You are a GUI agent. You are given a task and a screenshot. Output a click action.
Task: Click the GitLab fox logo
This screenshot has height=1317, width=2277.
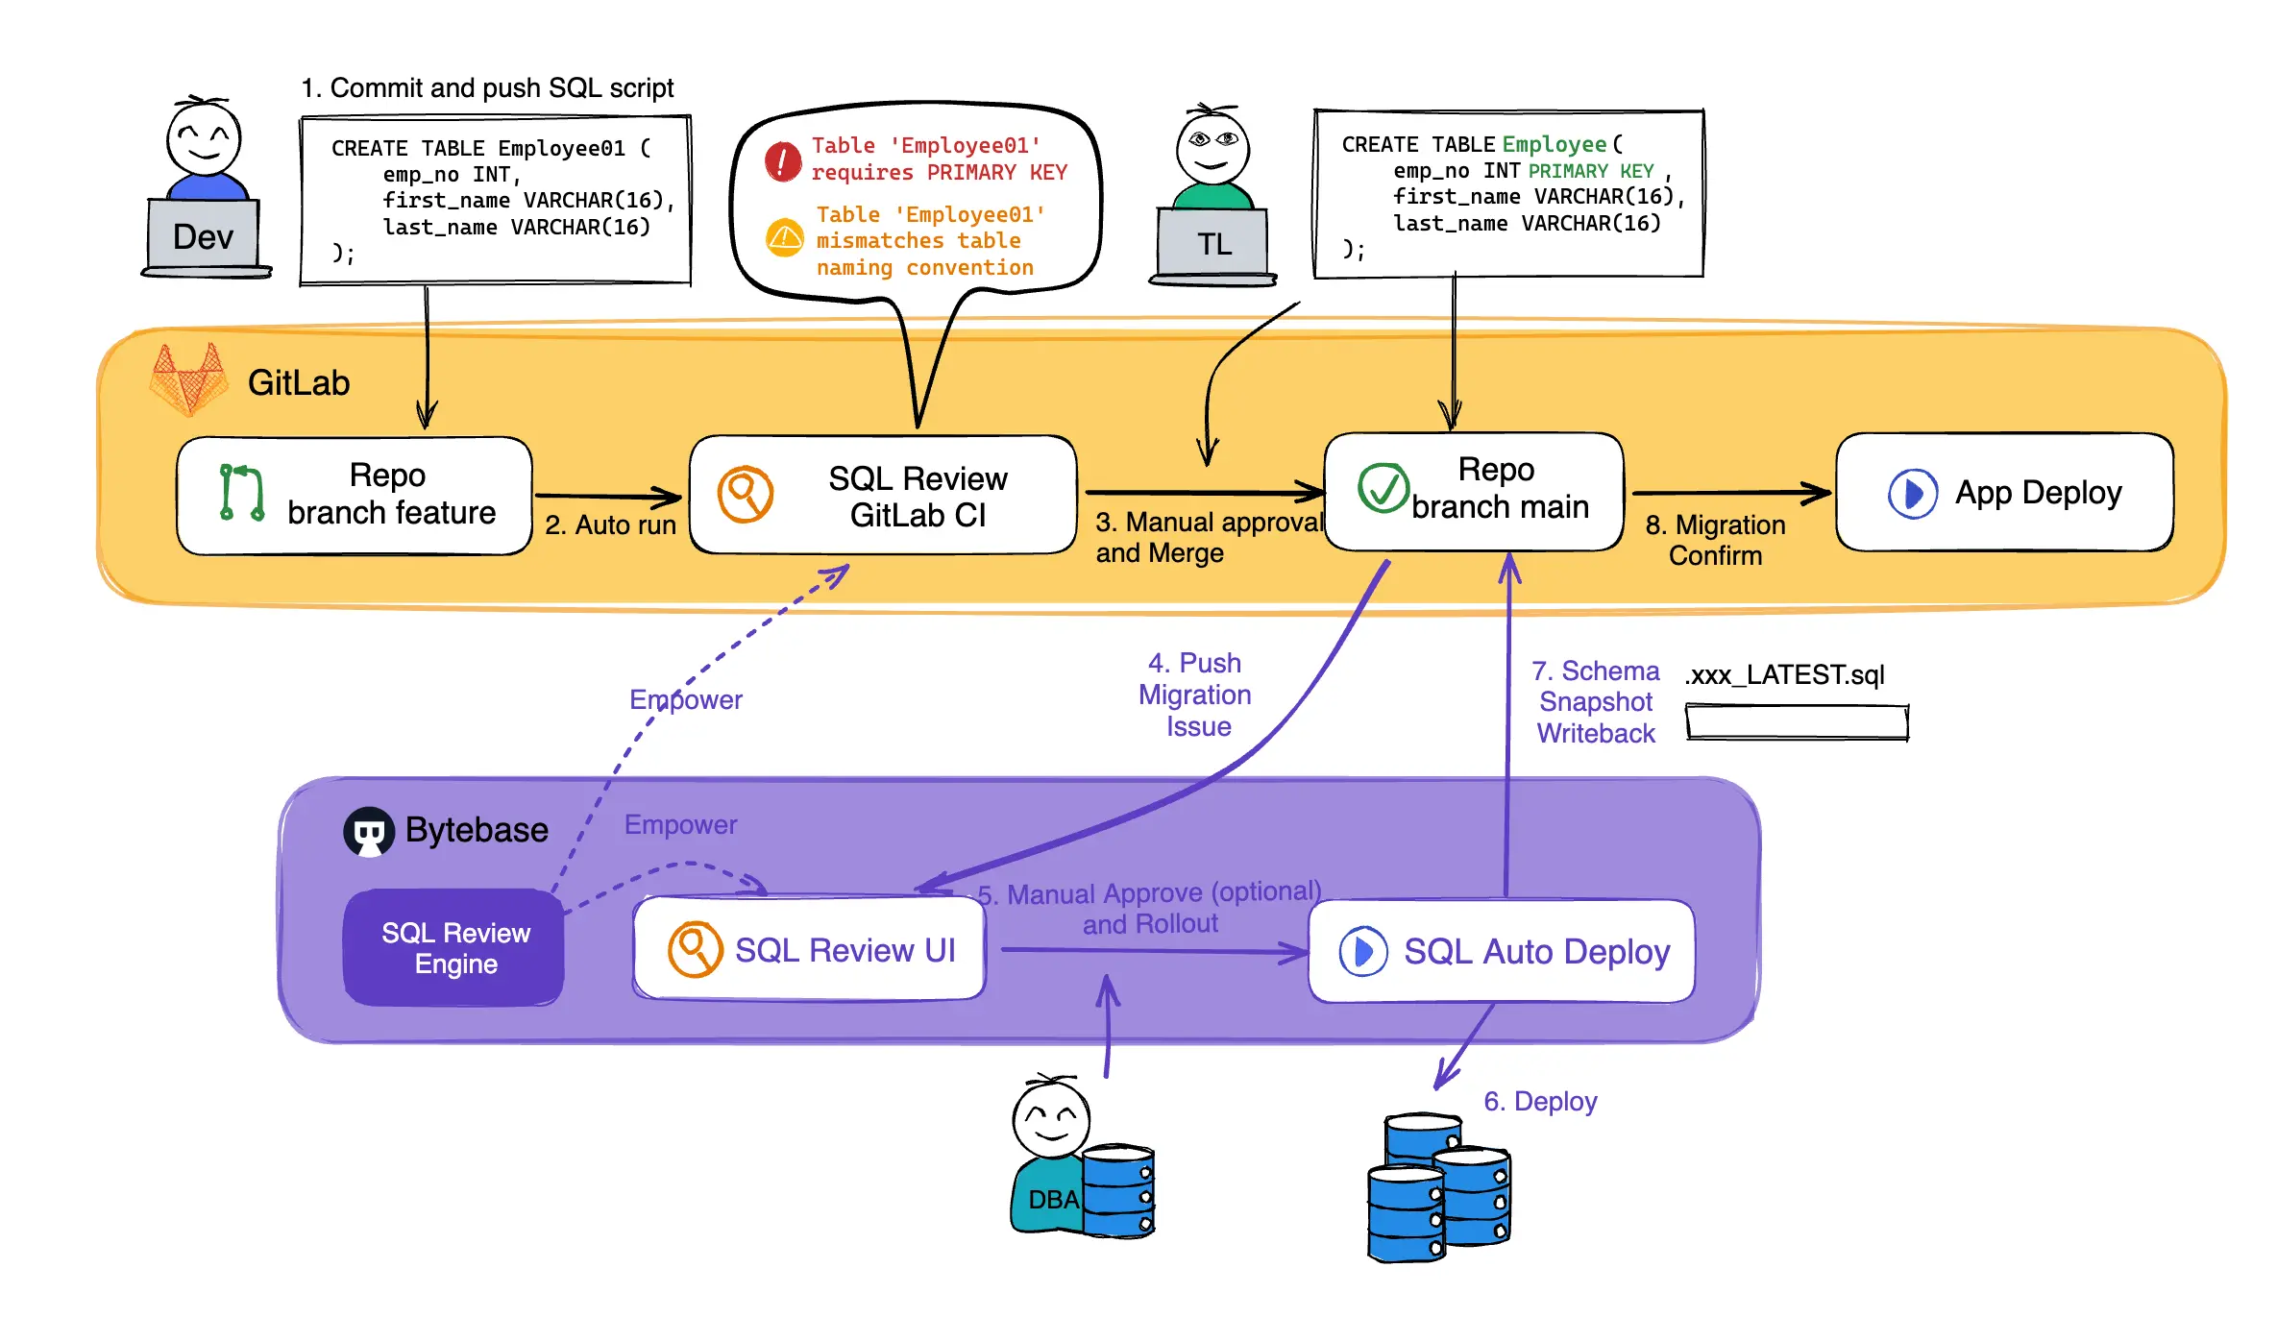click(x=189, y=380)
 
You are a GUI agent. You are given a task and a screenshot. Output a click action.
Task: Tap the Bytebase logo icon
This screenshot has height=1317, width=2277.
click(x=369, y=831)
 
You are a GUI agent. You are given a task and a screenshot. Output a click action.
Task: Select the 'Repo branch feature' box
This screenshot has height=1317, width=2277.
click(x=354, y=495)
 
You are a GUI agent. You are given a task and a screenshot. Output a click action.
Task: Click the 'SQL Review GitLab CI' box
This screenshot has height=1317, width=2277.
click(x=882, y=496)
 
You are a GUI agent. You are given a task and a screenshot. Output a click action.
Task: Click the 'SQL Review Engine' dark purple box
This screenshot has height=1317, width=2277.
click(x=454, y=948)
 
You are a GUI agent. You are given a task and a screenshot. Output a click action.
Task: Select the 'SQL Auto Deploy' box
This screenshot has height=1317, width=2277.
click(x=1501, y=951)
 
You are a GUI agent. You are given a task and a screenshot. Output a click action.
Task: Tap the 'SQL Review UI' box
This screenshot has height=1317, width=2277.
click(x=810, y=949)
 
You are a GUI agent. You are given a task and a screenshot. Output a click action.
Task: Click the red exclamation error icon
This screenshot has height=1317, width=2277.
click(x=783, y=161)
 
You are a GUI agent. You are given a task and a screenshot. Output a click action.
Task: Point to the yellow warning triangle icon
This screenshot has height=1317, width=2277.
click(x=785, y=237)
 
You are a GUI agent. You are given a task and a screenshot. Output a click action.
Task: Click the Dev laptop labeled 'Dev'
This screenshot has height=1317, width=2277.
click(x=203, y=236)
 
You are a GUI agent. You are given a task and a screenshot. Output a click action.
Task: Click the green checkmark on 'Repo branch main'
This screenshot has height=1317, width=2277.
click(x=1383, y=488)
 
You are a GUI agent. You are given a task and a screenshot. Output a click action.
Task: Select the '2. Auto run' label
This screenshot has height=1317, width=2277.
click(x=610, y=525)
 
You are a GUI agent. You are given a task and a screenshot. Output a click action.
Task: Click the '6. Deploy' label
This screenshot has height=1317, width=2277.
click(x=1539, y=1101)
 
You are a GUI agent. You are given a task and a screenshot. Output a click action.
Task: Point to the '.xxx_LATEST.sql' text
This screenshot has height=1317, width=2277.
click(x=1784, y=674)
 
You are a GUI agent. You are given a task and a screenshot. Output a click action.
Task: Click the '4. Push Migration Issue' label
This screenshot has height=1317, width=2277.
click(x=1194, y=695)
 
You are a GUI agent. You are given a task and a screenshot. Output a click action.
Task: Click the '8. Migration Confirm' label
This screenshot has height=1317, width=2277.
click(x=1715, y=540)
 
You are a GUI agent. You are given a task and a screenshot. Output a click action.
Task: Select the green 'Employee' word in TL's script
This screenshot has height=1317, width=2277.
click(x=1554, y=144)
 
